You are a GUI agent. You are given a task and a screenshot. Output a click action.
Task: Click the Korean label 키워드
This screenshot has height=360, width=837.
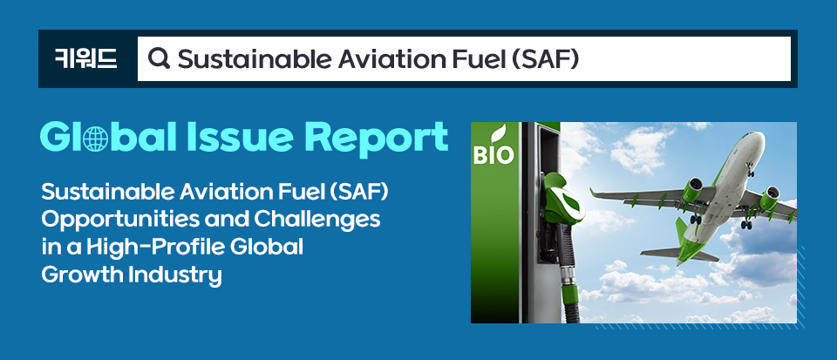click(86, 58)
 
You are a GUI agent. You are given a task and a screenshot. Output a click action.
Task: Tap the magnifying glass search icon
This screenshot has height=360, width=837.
click(159, 58)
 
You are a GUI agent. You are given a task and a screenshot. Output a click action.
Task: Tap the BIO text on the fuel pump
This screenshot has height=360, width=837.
click(493, 155)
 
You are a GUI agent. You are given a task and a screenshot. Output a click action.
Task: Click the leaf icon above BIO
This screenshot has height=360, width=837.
click(498, 134)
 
